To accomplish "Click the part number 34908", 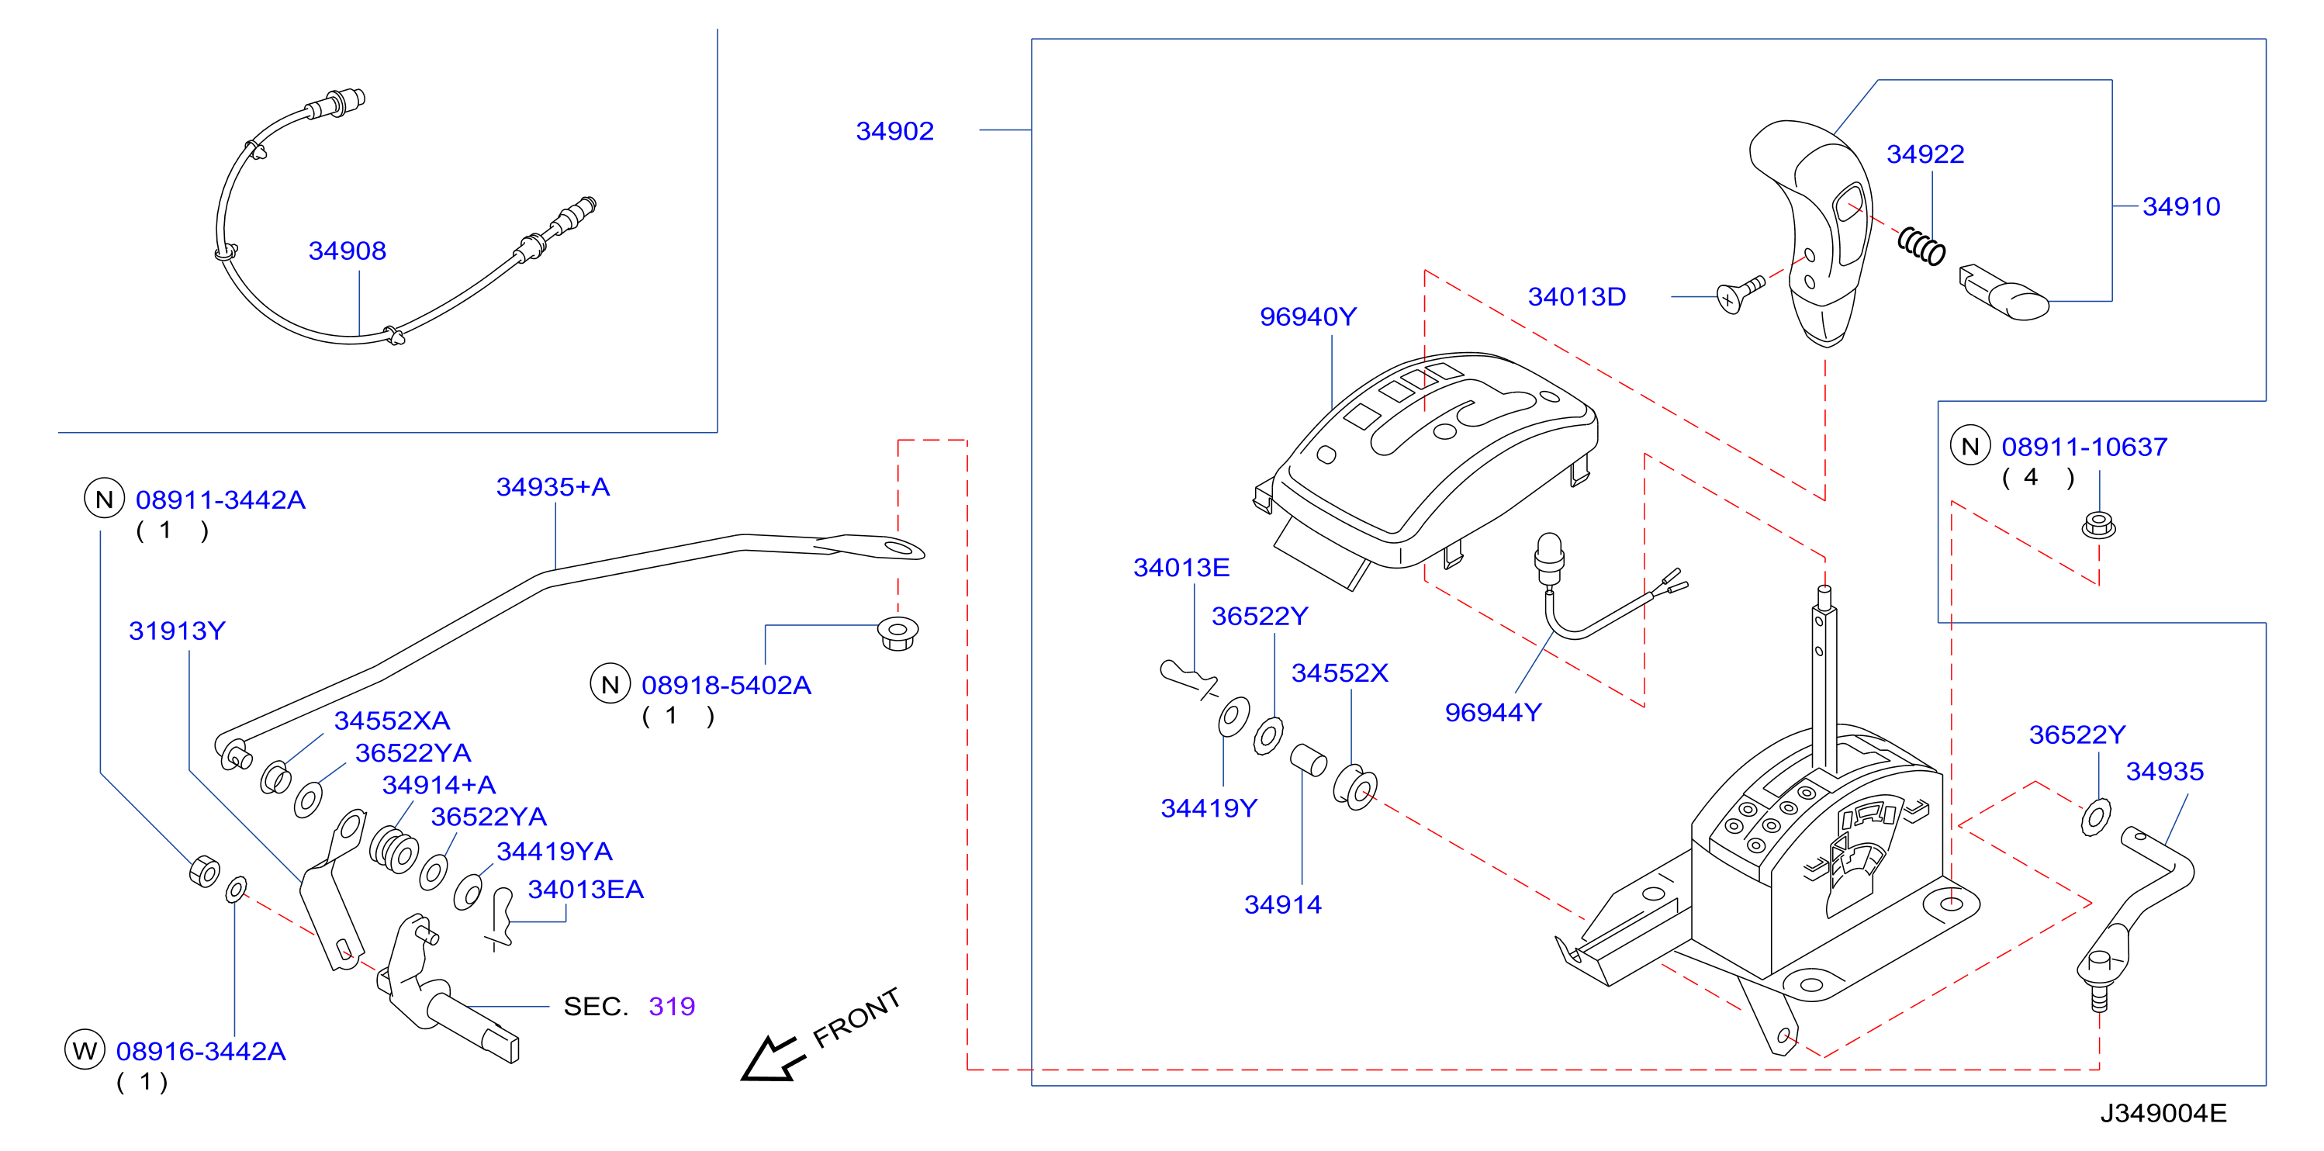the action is click(348, 251).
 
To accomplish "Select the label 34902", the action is click(894, 131).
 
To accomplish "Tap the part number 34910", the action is click(2180, 206).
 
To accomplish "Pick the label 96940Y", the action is click(1308, 316).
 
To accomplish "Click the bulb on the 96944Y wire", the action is click(1548, 552).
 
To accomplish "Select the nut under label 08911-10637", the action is click(2098, 525).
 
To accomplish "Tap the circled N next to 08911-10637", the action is click(1970, 446).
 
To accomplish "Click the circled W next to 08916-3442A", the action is click(85, 1050).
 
